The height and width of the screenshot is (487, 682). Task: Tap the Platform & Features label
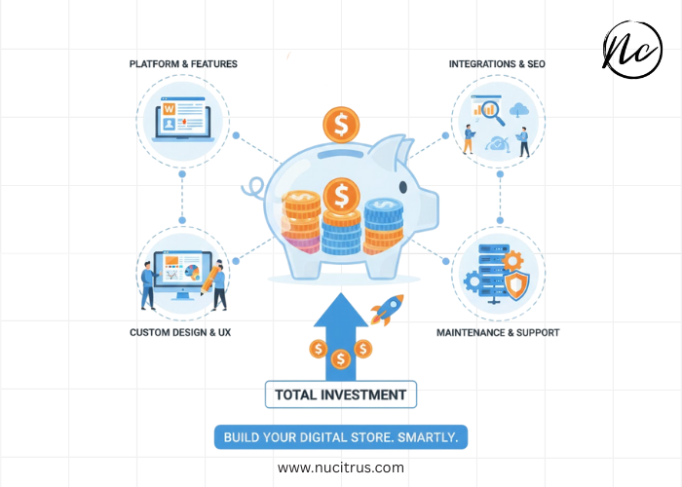(183, 64)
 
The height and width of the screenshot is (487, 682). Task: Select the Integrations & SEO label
(498, 64)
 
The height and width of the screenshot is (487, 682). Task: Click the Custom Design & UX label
(180, 332)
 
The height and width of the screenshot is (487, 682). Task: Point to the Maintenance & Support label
(498, 332)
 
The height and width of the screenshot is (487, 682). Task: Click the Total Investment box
(341, 395)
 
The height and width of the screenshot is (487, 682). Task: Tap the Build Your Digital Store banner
(341, 437)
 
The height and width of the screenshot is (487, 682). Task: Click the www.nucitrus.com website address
(341, 468)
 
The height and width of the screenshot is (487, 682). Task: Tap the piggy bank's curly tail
(257, 185)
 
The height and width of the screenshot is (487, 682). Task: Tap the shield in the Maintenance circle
(517, 283)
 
